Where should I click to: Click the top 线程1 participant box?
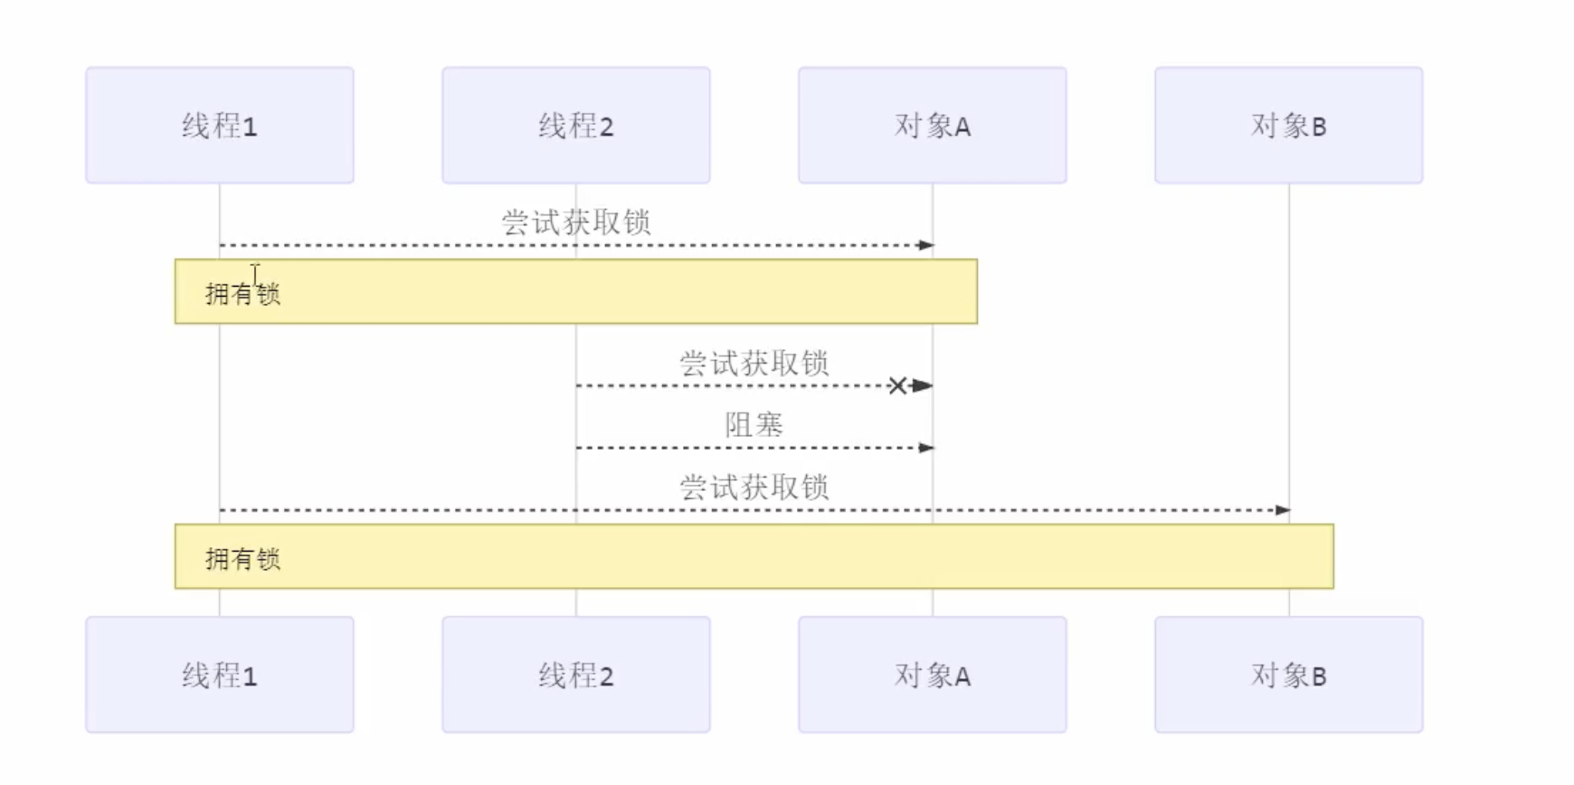coord(220,125)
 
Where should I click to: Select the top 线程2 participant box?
coord(576,125)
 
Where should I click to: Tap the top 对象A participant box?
coord(933,125)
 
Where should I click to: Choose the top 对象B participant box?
coord(1289,125)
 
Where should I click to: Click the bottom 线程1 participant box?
coord(220,675)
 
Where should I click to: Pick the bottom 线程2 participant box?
coord(576,675)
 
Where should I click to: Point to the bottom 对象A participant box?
coord(933,675)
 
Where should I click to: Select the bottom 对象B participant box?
coord(1289,675)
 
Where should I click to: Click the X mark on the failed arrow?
coord(897,386)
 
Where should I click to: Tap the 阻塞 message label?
coord(754,424)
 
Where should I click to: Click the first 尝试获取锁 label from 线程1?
coord(576,222)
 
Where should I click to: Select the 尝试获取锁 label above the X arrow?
coord(754,363)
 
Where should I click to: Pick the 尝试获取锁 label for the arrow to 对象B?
coord(754,487)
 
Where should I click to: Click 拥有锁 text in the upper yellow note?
coord(242,294)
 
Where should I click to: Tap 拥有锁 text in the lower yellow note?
coord(242,559)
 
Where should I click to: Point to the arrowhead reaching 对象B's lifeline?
coord(1284,510)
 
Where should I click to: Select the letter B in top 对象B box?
coord(1319,127)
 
